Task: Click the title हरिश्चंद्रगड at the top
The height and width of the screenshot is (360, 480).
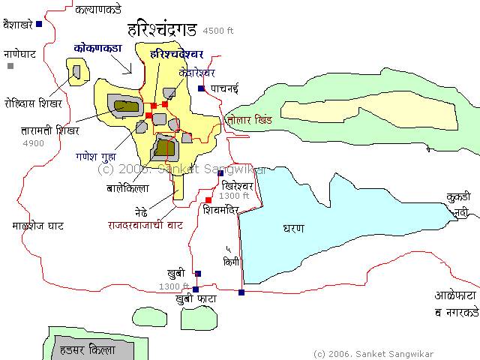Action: (x=162, y=31)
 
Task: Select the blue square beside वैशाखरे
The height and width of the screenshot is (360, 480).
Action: (x=39, y=24)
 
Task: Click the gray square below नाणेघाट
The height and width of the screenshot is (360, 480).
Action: (x=10, y=66)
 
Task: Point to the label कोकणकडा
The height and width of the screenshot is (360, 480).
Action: (x=98, y=47)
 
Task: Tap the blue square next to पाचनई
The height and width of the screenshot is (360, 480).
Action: (x=201, y=88)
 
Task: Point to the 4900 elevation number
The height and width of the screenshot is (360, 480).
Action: (x=34, y=143)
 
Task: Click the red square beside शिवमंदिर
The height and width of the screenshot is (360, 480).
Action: (x=208, y=200)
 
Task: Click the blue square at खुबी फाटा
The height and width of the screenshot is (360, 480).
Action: (x=196, y=289)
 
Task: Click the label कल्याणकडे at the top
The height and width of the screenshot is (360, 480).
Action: (x=97, y=10)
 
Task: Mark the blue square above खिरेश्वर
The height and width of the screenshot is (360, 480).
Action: (x=220, y=173)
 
